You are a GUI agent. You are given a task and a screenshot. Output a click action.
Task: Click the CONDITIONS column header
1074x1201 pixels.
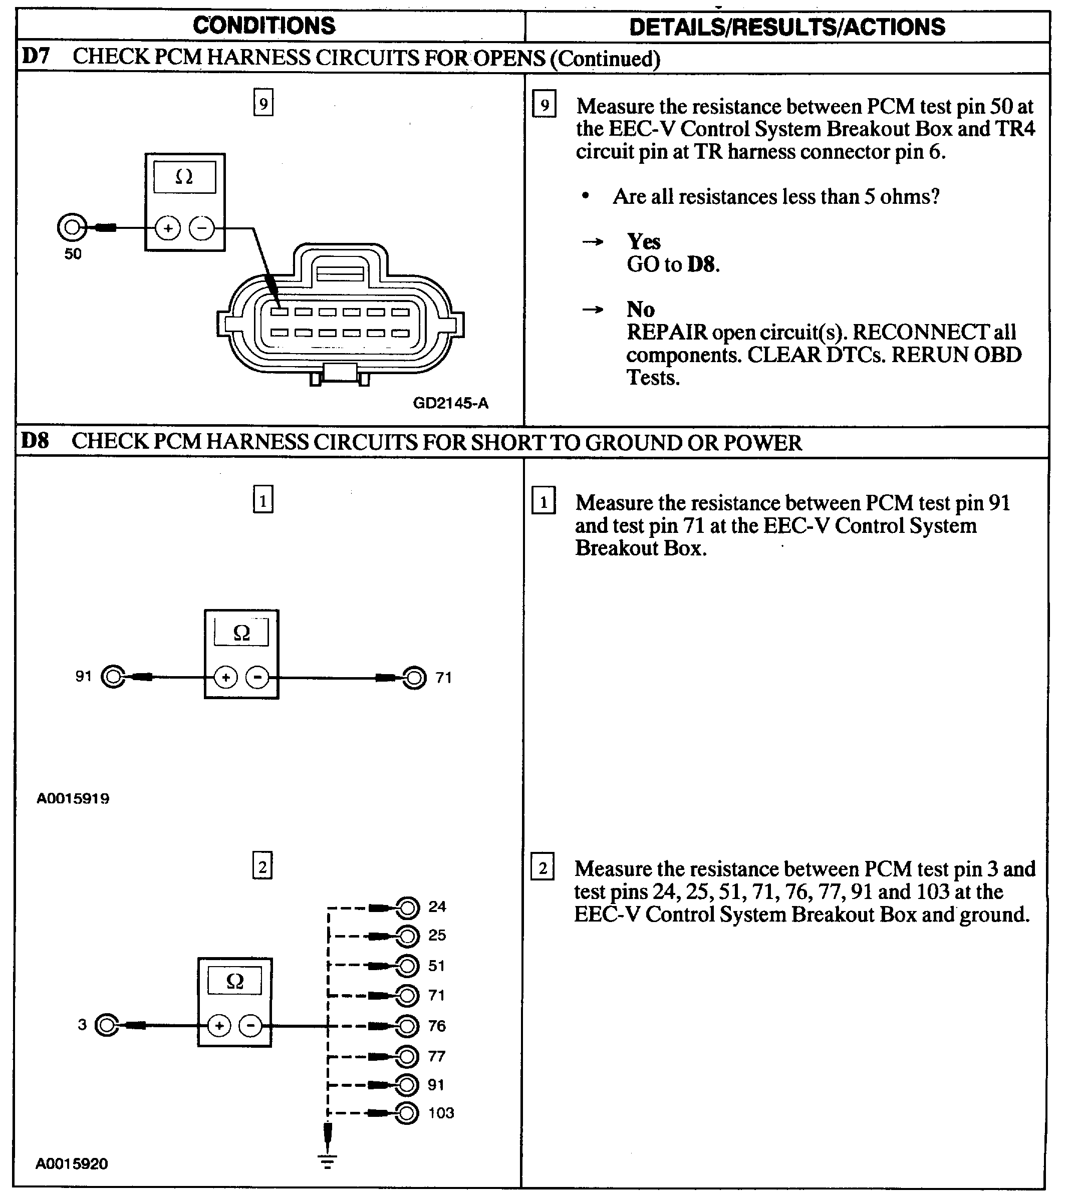pos(264,26)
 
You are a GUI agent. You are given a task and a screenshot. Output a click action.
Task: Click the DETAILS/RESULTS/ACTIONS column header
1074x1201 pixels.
pos(786,27)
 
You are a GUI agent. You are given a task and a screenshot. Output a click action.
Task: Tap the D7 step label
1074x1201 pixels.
pos(36,57)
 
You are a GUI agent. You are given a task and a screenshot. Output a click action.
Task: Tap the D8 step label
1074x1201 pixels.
pos(35,441)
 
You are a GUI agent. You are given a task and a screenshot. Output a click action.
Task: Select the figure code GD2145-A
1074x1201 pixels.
pos(450,404)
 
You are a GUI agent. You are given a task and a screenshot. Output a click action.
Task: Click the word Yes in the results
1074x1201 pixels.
pos(643,241)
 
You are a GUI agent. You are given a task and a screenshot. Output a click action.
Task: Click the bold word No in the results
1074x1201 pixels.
pos(640,309)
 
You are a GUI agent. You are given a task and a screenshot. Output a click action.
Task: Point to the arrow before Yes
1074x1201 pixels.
pos(593,242)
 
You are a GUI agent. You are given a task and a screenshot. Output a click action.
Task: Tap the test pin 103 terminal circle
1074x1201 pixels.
pos(407,1113)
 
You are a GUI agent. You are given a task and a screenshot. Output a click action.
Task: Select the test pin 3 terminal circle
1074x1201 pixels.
pos(107,1025)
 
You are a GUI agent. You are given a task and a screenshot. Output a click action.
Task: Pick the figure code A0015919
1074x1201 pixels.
pos(73,799)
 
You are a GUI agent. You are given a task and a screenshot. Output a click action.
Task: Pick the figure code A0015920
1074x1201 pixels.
pos(72,1164)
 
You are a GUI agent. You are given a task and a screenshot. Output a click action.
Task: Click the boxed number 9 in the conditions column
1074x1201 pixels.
pos(263,103)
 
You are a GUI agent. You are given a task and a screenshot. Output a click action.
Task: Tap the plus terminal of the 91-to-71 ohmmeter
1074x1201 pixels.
pos(225,677)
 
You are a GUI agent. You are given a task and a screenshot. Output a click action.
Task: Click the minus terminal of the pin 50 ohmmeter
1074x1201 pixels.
pos(202,228)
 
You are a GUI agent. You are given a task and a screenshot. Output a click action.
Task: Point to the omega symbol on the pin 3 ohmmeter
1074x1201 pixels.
pos(235,981)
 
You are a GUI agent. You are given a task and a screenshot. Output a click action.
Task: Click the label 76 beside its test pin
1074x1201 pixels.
pos(437,1026)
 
